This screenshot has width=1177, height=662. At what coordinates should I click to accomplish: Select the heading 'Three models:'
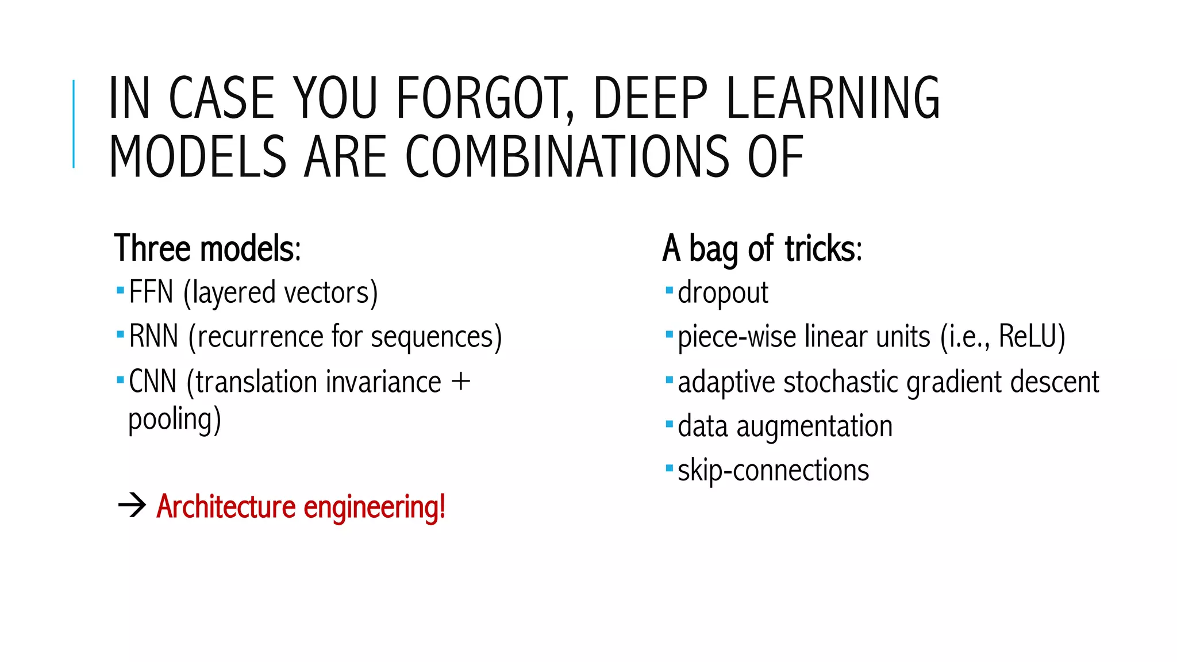tap(207, 249)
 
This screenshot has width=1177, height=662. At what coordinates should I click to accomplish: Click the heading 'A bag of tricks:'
tap(762, 249)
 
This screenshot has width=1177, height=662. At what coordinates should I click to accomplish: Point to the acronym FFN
tap(151, 292)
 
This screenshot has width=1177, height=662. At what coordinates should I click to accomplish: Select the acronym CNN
tap(152, 382)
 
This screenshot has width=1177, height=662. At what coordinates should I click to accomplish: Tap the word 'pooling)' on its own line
tap(174, 419)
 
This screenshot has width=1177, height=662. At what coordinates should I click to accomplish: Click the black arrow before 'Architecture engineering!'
tap(132, 506)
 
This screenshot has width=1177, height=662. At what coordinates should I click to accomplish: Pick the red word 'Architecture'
tap(226, 507)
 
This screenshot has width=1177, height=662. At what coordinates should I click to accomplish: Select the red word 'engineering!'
tap(374, 507)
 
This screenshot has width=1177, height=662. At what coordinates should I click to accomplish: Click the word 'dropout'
tap(722, 293)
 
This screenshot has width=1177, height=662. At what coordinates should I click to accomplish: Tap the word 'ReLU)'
tap(1032, 336)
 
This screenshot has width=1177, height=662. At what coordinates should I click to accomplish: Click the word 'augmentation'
tap(814, 426)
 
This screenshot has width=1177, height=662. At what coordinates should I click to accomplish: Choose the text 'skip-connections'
tap(773, 471)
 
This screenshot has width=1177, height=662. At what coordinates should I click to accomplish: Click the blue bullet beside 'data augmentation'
tap(669, 425)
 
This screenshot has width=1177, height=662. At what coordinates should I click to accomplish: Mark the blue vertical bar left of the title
tap(74, 124)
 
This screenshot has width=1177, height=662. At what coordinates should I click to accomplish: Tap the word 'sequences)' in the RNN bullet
tap(436, 337)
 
